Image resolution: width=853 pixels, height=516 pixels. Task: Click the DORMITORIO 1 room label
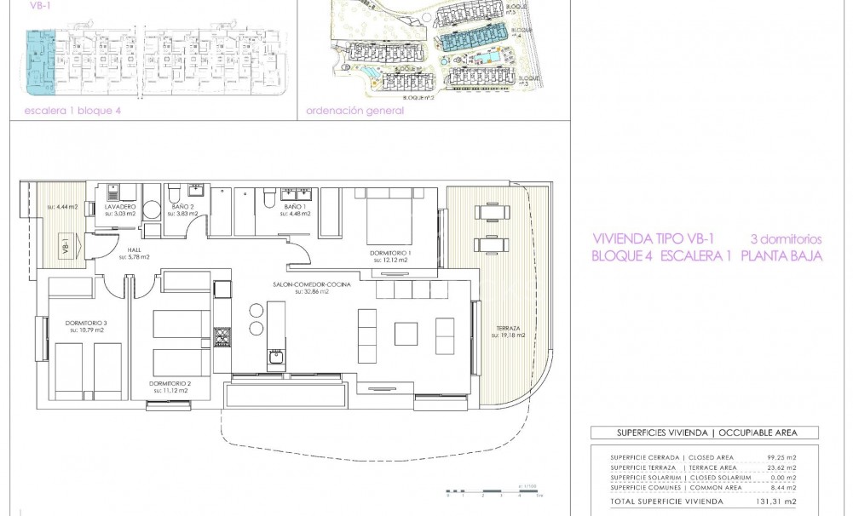pos(391,253)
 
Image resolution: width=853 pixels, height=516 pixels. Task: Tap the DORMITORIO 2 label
pos(170,383)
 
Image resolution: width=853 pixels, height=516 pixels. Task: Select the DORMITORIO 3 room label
pos(86,322)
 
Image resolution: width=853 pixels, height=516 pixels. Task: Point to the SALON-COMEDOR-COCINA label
pos(311,284)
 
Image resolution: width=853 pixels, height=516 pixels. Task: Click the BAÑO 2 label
pos(182,207)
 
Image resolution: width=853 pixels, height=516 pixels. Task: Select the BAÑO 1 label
pos(294,207)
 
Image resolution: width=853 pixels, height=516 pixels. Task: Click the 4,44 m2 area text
pos(63,206)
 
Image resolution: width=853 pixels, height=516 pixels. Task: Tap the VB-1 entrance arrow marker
pos(66,248)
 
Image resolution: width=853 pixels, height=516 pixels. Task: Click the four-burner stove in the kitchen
pos(222,338)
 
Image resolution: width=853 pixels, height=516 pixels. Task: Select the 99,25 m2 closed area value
pos(780,458)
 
